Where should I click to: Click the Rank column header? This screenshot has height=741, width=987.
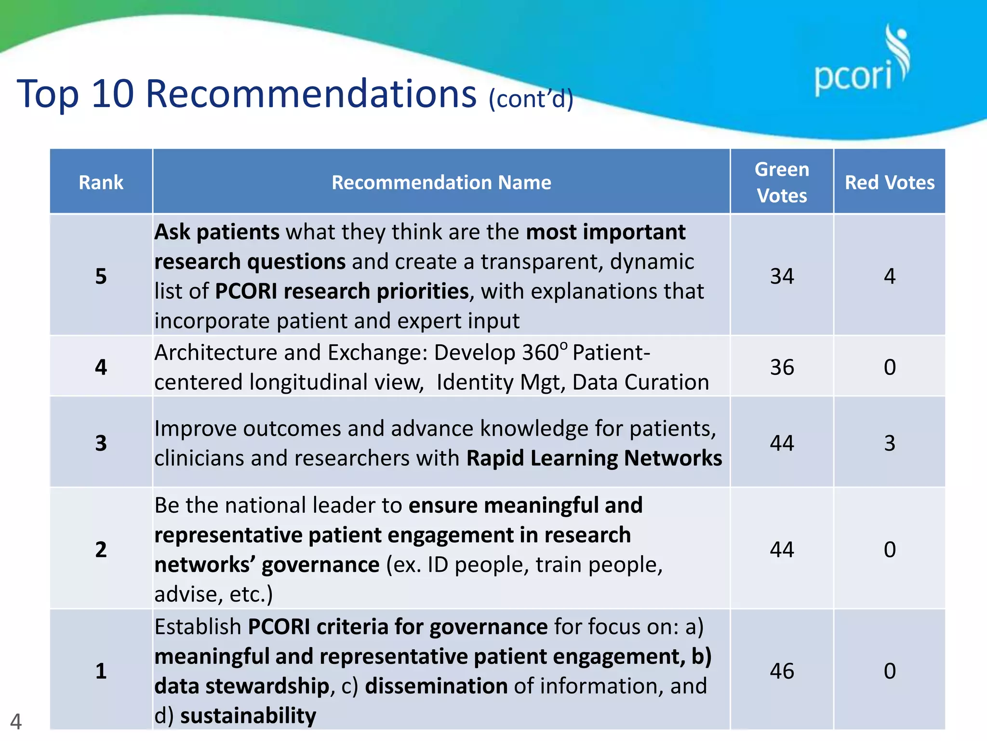coord(101,182)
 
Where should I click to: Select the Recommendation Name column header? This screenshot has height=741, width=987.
coord(441,182)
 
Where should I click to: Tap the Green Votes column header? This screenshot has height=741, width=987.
coord(781,182)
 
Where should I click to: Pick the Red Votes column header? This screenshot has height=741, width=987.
coord(889,182)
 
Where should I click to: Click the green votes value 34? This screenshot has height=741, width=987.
coord(781,276)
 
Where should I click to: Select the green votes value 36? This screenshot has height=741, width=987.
coord(781,367)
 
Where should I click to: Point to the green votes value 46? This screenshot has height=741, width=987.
coord(781,671)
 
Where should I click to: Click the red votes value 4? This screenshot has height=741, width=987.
coord(889,276)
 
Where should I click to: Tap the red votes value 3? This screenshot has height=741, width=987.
coord(889,443)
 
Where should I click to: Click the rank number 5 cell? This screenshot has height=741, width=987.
coord(101,276)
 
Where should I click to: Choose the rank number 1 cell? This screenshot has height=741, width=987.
coord(101,671)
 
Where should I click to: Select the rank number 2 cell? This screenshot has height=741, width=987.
coord(101,549)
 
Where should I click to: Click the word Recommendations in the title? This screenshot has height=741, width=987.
coord(311,94)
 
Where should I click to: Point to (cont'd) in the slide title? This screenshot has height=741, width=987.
coord(531,99)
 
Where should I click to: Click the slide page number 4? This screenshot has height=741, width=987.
coord(16,721)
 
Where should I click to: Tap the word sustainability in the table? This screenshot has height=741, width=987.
coord(248,715)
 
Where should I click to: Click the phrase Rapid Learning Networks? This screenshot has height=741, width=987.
coord(594,458)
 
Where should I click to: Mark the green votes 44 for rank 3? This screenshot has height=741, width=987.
coord(781,443)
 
